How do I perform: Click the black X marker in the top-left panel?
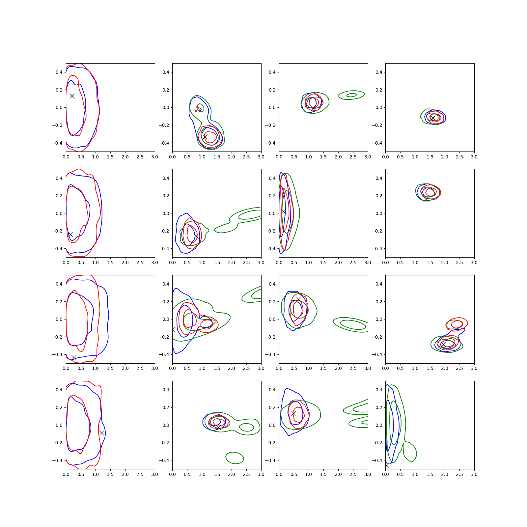[72, 96]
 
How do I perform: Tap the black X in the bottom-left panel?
[101, 433]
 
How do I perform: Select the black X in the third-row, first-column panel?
[74, 357]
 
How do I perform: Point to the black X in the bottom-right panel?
[387, 465]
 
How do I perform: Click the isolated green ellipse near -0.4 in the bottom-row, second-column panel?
[235, 458]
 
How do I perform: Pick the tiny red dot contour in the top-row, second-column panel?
[196, 111]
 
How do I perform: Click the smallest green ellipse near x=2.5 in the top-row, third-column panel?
[352, 95]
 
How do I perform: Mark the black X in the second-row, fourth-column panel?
[426, 199]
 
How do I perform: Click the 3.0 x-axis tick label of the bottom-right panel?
[474, 474]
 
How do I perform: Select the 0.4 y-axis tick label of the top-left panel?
[59, 72]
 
